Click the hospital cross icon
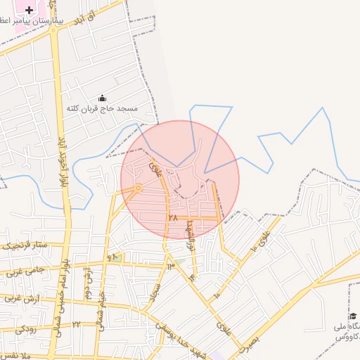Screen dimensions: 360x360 [x=29, y=10]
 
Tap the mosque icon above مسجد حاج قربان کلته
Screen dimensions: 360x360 [x=103, y=98]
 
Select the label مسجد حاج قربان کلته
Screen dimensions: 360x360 [x=103, y=109]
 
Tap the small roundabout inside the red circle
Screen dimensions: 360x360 [x=139, y=188]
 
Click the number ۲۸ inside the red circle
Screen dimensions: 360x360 [x=172, y=218]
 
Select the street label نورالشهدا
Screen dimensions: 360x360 [x=190, y=235]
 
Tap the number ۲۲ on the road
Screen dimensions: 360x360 [x=76, y=324]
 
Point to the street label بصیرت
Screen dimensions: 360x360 [x=248, y=342]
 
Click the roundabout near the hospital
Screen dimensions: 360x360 [x=53, y=30]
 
